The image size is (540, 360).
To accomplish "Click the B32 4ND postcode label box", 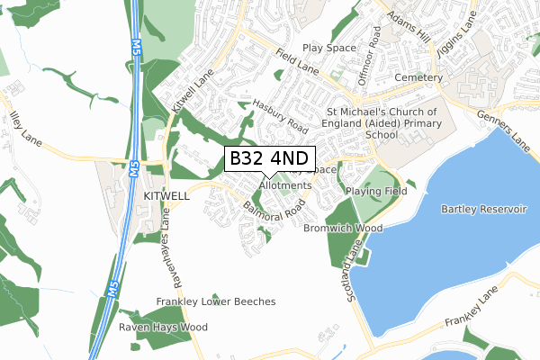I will point(269,158).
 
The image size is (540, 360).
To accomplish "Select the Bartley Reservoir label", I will point(482,209).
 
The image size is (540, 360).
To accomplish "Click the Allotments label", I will point(284,185).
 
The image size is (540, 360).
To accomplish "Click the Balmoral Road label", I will point(274,211).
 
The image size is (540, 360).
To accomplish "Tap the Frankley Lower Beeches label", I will point(215,301).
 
